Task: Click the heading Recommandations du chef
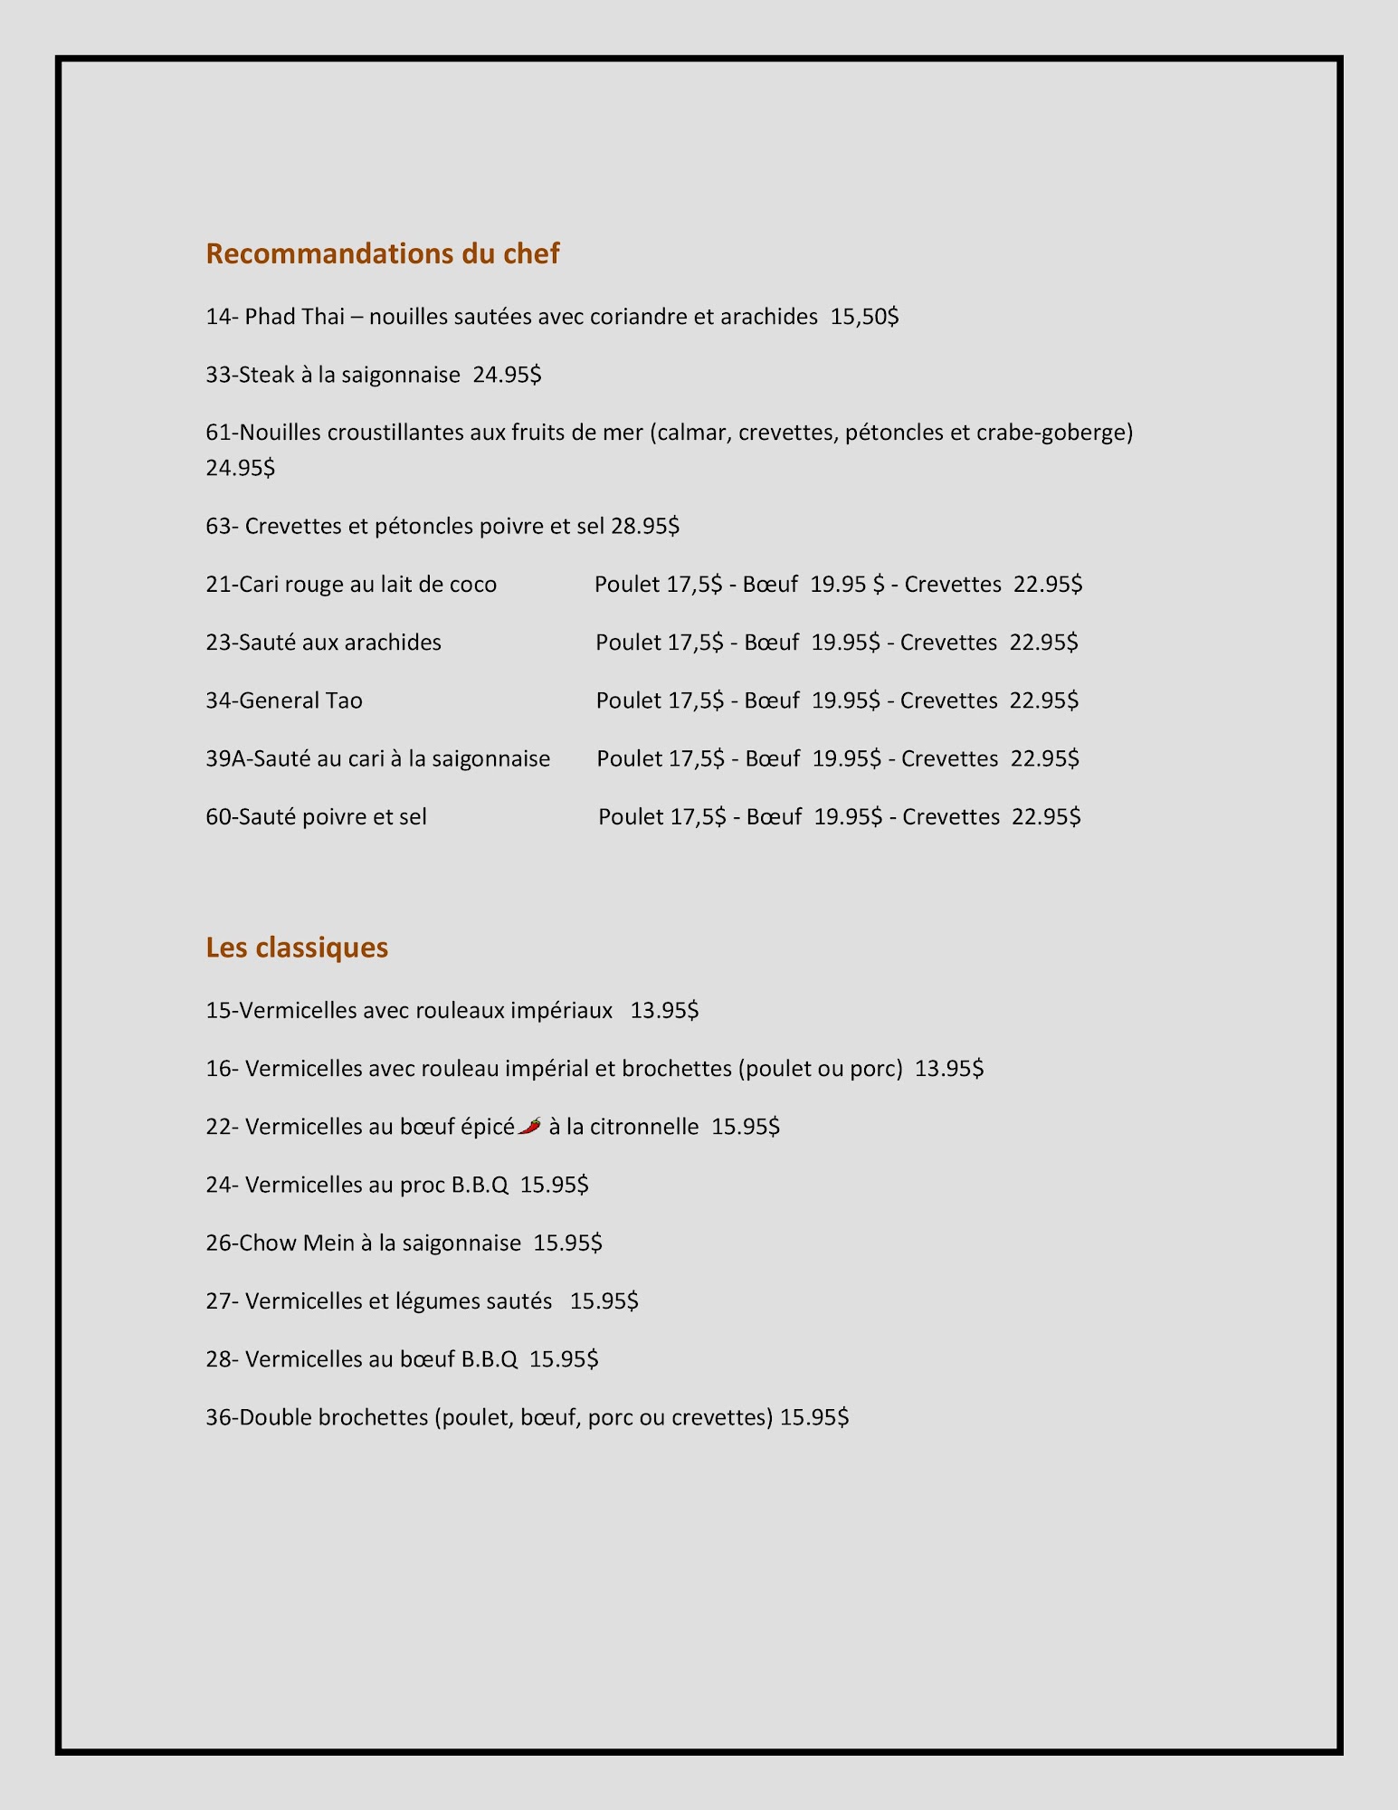pos(382,253)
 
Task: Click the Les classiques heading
pos(297,948)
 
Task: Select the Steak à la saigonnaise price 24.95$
pos(507,375)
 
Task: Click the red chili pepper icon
pos(530,1126)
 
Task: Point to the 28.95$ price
pos(645,526)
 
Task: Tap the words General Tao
pos(300,700)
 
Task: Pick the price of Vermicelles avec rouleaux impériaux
pos(664,1010)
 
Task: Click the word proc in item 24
pos(423,1185)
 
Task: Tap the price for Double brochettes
pos(814,1417)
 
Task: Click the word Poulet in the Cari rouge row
pos(627,585)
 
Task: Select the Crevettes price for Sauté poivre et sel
pos(1046,817)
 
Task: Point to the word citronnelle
pos(644,1127)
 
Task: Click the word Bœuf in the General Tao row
pos(772,700)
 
